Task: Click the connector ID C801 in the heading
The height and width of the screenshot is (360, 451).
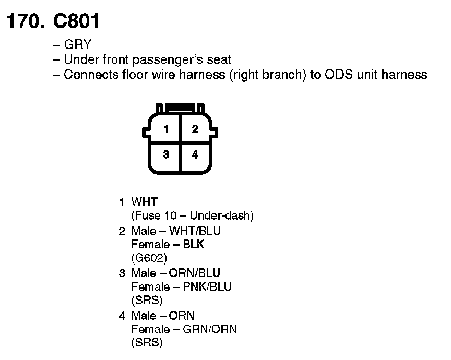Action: pyautogui.click(x=76, y=21)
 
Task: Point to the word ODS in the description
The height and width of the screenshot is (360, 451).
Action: pyautogui.click(x=339, y=74)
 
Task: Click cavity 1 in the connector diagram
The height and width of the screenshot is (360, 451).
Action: pyautogui.click(x=166, y=129)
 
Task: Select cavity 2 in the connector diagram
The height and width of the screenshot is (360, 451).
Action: pyautogui.click(x=195, y=129)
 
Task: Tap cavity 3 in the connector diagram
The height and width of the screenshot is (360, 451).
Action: pyautogui.click(x=166, y=155)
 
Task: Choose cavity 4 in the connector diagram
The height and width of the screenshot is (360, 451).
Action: pyautogui.click(x=195, y=155)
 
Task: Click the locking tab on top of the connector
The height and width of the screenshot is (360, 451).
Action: pyautogui.click(x=181, y=109)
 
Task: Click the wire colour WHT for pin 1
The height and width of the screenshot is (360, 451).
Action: pyautogui.click(x=144, y=202)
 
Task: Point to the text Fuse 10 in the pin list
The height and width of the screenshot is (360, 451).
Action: pyautogui.click(x=156, y=215)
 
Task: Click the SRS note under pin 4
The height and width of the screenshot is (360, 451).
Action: pyautogui.click(x=147, y=343)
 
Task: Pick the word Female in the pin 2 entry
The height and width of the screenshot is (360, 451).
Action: pyautogui.click(x=150, y=244)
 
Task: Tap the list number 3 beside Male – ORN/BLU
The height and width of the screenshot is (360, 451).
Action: pyautogui.click(x=122, y=273)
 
